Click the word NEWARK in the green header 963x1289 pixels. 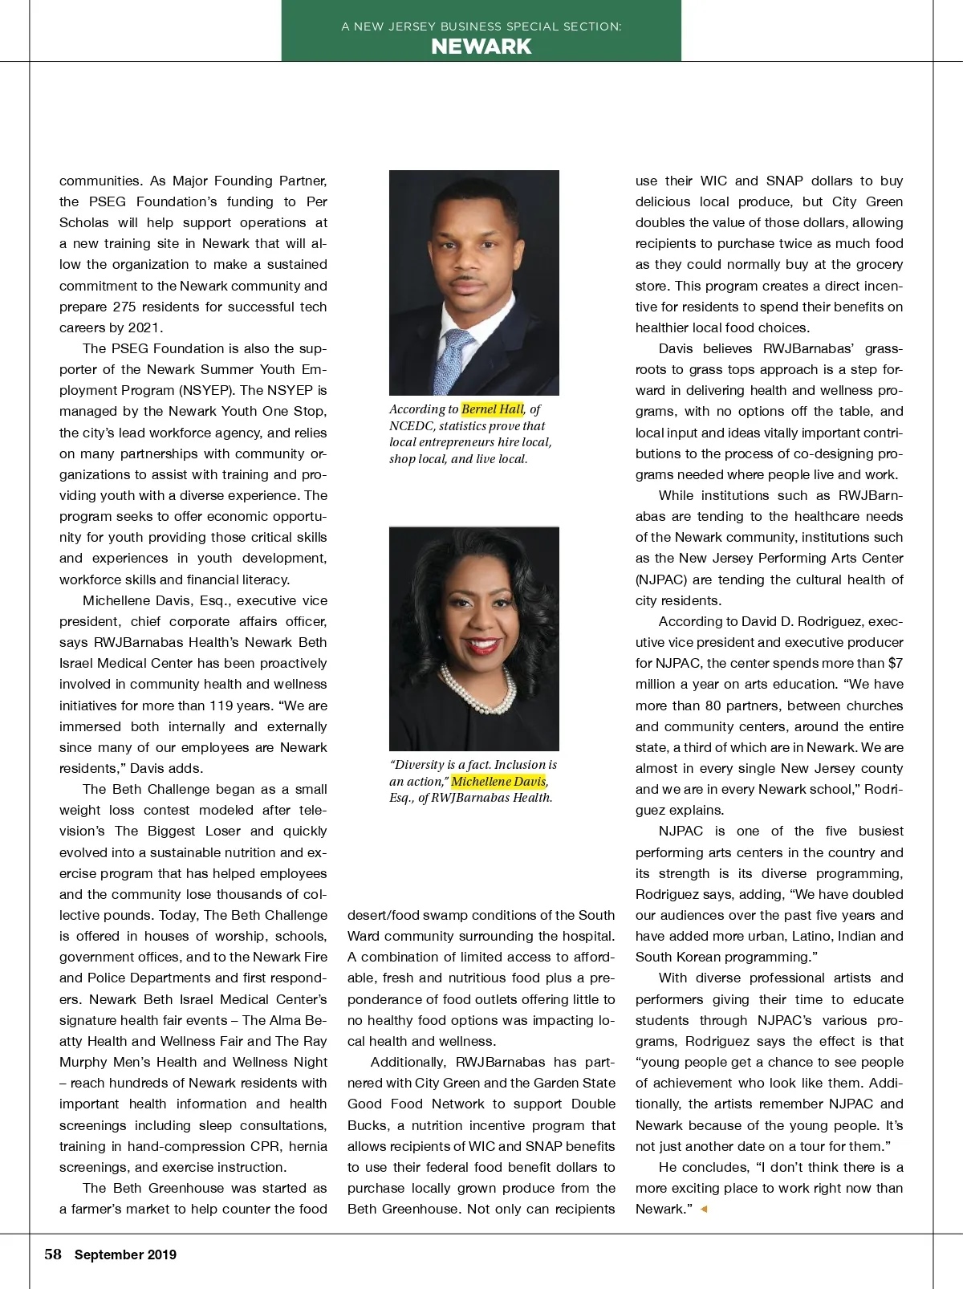tap(481, 47)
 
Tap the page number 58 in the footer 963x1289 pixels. tap(53, 1254)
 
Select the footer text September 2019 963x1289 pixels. tap(125, 1255)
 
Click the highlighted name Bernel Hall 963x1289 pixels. tap(492, 409)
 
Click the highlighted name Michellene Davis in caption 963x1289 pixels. tap(498, 782)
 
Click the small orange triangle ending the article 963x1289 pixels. tap(704, 1209)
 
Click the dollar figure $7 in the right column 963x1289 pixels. tap(895, 663)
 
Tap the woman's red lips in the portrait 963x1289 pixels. tap(481, 643)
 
